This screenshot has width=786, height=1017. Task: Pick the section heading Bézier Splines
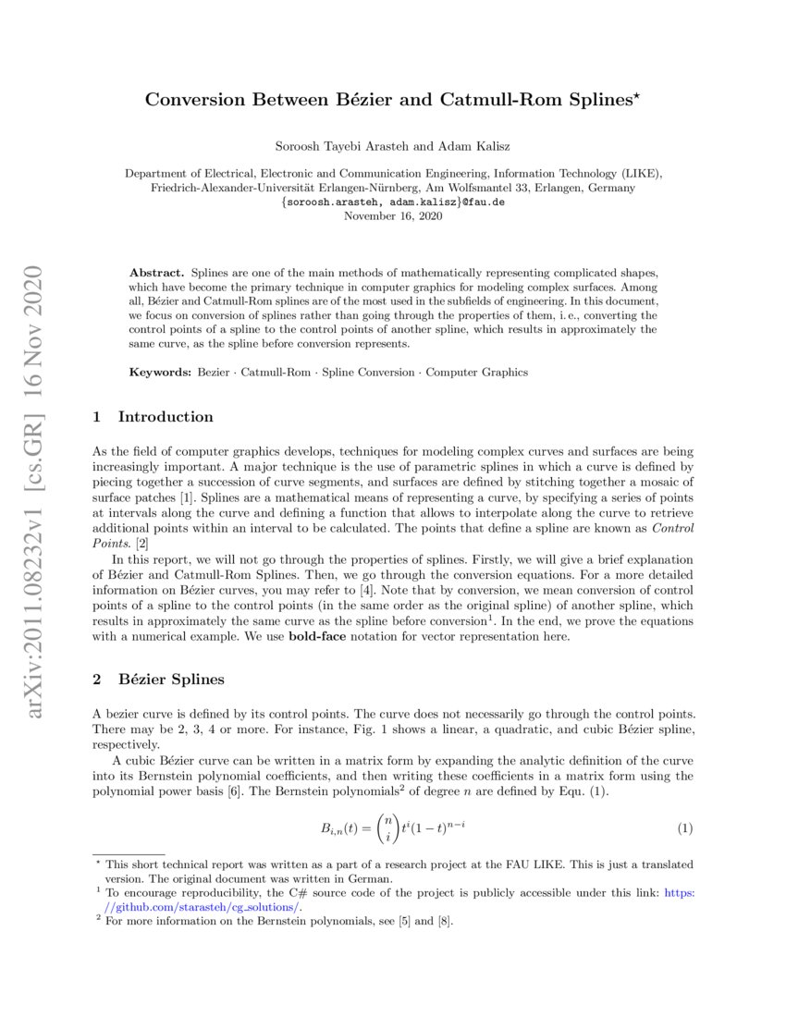[x=171, y=680]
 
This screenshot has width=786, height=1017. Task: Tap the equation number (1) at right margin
[x=684, y=827]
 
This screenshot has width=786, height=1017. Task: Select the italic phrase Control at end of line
[x=672, y=528]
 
